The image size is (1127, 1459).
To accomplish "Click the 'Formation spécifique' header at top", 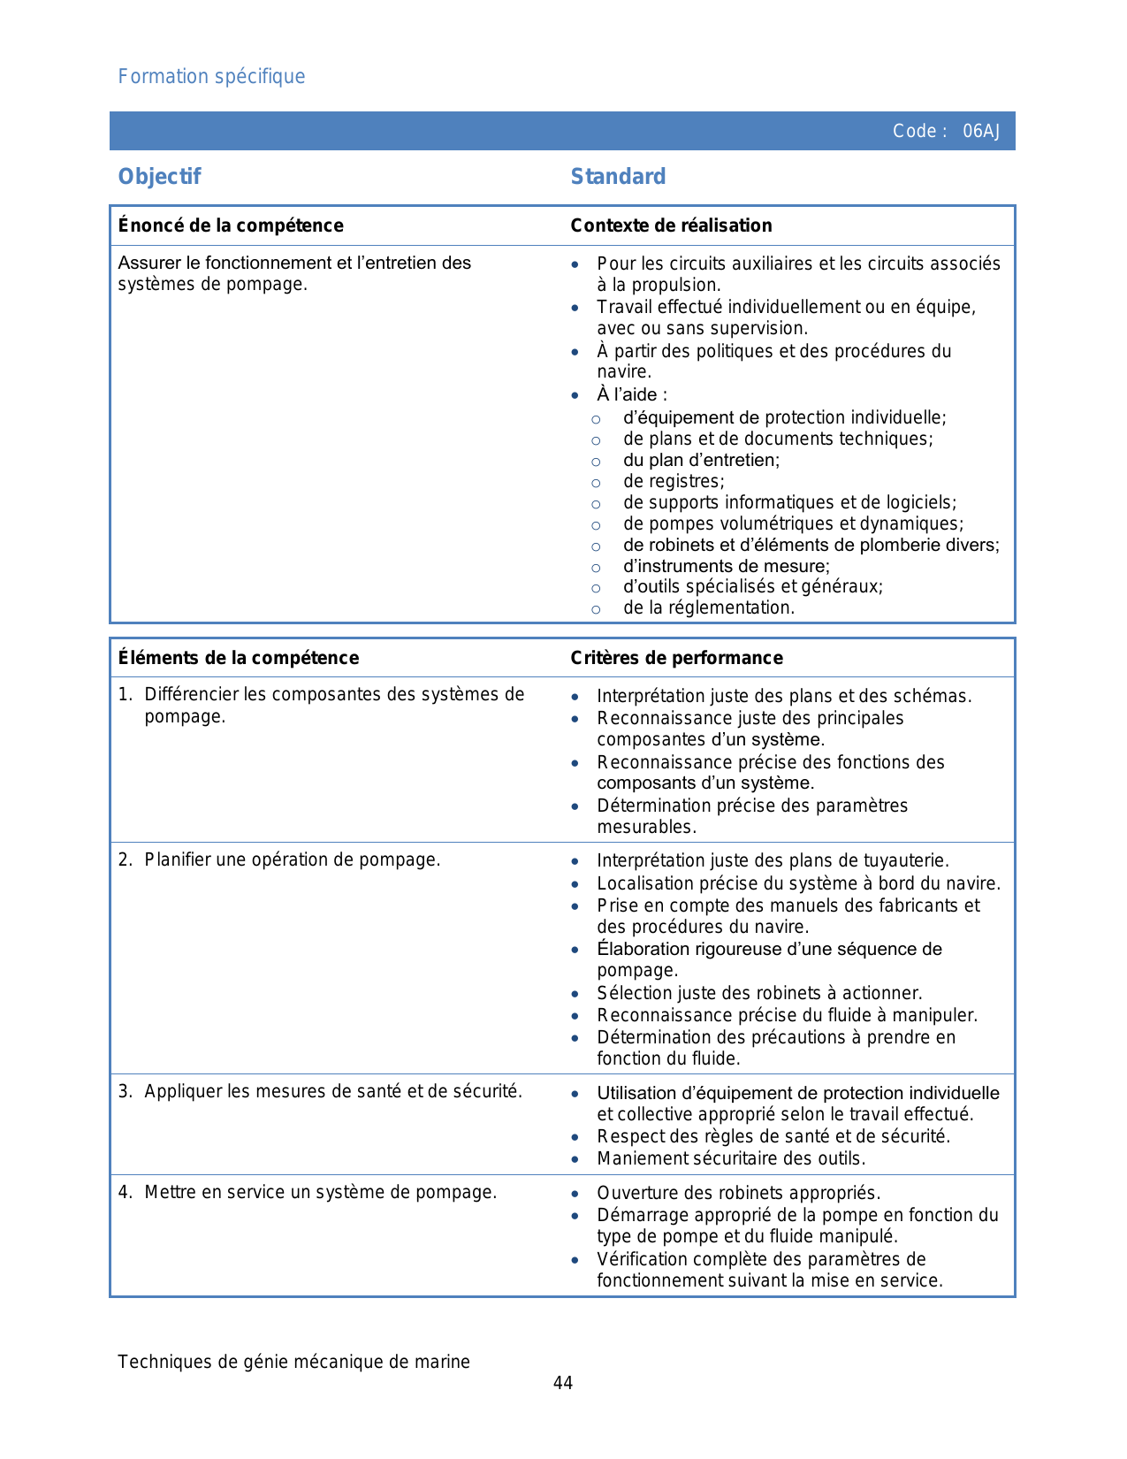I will (x=211, y=77).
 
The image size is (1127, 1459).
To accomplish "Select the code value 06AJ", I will (x=981, y=132).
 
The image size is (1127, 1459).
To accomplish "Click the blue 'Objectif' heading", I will (x=160, y=177).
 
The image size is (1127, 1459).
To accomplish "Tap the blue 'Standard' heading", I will (x=618, y=177).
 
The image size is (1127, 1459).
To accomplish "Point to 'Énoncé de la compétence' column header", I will (x=231, y=225).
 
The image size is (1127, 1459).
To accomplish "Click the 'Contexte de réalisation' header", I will (x=671, y=225).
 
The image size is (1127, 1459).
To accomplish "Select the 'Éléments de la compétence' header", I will (x=239, y=658).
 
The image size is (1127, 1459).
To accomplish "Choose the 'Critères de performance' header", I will (x=676, y=658).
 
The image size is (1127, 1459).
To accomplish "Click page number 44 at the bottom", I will (x=563, y=1383).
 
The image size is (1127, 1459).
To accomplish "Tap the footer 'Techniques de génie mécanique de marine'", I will (x=293, y=1362).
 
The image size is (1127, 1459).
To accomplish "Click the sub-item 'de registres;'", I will (x=674, y=482).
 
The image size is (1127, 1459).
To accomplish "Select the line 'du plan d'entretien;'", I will (x=701, y=461).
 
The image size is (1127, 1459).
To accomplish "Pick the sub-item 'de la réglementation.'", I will (x=709, y=608).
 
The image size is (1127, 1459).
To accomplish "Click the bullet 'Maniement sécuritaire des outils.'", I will (x=731, y=1158).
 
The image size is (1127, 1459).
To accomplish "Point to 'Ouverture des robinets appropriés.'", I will (x=738, y=1193).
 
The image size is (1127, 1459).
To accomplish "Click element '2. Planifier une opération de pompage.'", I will (x=292, y=860).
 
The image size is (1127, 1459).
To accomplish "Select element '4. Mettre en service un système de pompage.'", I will (x=320, y=1193).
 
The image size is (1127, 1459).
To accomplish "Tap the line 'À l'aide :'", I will (x=632, y=395).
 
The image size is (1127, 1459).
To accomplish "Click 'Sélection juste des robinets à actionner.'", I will (x=759, y=993).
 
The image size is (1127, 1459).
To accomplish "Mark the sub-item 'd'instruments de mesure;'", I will (x=727, y=567).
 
